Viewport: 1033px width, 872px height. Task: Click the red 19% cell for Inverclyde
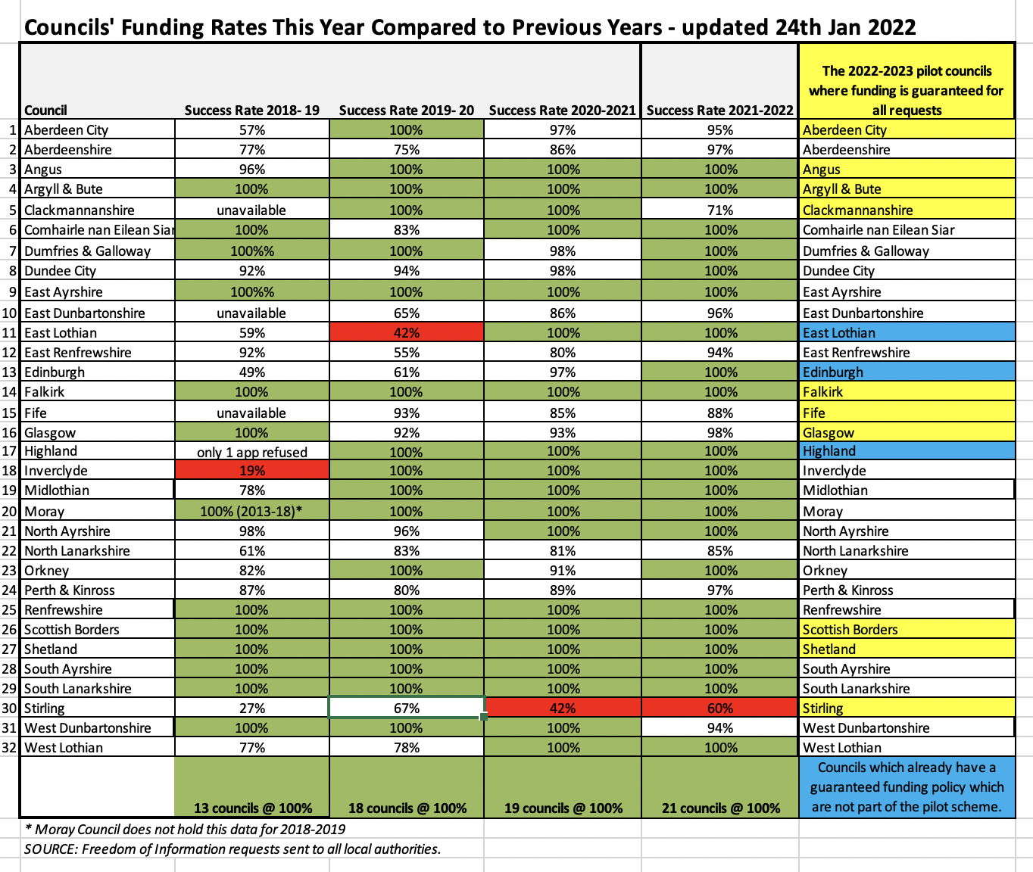[251, 470]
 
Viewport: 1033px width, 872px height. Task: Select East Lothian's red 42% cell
[406, 332]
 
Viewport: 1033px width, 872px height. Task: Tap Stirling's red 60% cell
[719, 708]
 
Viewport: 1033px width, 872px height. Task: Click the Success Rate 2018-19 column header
[251, 110]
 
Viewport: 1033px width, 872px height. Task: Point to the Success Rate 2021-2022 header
[719, 110]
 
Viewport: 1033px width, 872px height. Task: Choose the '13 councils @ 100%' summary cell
[252, 808]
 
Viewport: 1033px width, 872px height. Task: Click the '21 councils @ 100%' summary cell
[720, 808]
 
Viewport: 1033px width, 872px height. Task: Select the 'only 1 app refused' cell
[251, 452]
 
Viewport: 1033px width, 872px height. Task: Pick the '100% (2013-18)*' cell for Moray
[251, 511]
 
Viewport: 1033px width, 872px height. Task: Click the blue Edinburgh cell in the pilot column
[907, 372]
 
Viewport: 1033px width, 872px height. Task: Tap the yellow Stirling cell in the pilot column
[907, 708]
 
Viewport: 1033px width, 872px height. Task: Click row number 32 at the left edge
[10, 747]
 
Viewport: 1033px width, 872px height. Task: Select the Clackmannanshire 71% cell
[719, 210]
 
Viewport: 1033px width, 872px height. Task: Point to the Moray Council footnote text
[186, 829]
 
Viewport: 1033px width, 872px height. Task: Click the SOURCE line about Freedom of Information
[233, 849]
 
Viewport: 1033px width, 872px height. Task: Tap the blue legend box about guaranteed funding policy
[907, 787]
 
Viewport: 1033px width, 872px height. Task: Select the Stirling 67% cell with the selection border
[406, 708]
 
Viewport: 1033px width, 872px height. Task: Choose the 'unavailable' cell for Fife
[251, 413]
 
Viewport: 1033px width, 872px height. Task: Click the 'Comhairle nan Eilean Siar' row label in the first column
[98, 229]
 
